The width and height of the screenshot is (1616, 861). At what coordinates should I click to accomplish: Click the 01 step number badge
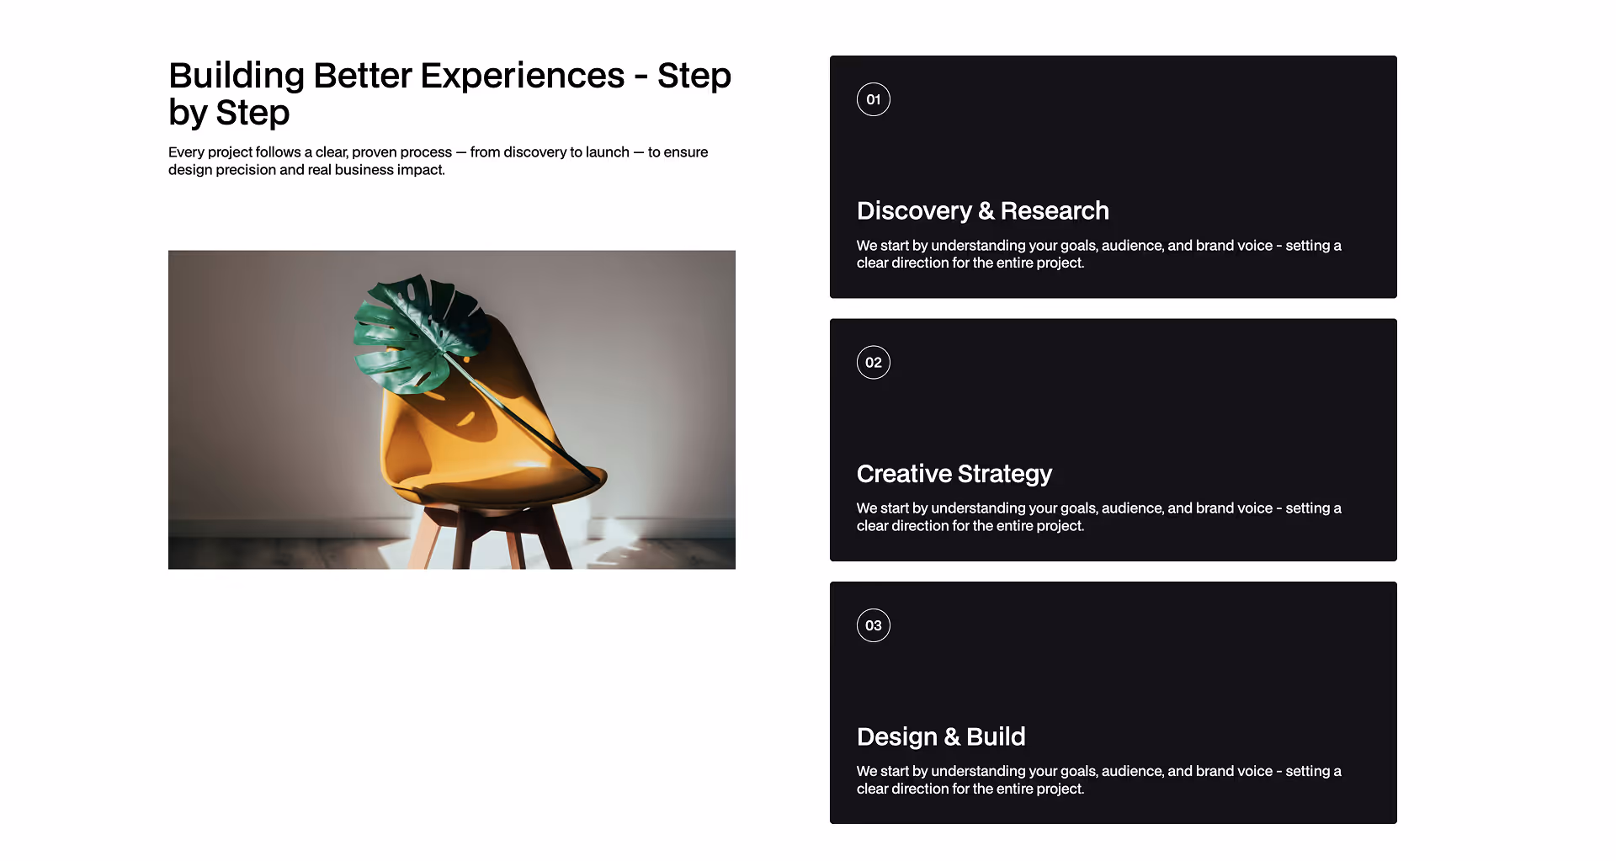tap(873, 99)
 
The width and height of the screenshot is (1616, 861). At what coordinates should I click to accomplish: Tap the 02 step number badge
tap(873, 363)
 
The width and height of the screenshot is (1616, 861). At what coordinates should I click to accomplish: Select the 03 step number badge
tap(873, 625)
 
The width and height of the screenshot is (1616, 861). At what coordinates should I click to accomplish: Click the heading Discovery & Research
tap(982, 210)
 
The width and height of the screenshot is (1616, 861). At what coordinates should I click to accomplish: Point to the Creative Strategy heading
tap(954, 474)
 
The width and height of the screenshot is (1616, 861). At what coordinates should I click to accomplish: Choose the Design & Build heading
tap(940, 736)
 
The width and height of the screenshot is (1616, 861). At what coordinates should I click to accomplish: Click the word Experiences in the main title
tap(522, 76)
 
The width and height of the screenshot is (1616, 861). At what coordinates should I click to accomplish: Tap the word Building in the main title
tap(237, 76)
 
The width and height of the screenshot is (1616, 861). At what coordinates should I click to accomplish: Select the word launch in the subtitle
tap(607, 152)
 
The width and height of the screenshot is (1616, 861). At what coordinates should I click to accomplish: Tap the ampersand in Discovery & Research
tap(986, 211)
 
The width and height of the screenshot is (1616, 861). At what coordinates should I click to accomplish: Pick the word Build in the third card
tap(996, 736)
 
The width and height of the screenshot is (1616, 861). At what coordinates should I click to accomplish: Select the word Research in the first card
tap(1055, 210)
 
